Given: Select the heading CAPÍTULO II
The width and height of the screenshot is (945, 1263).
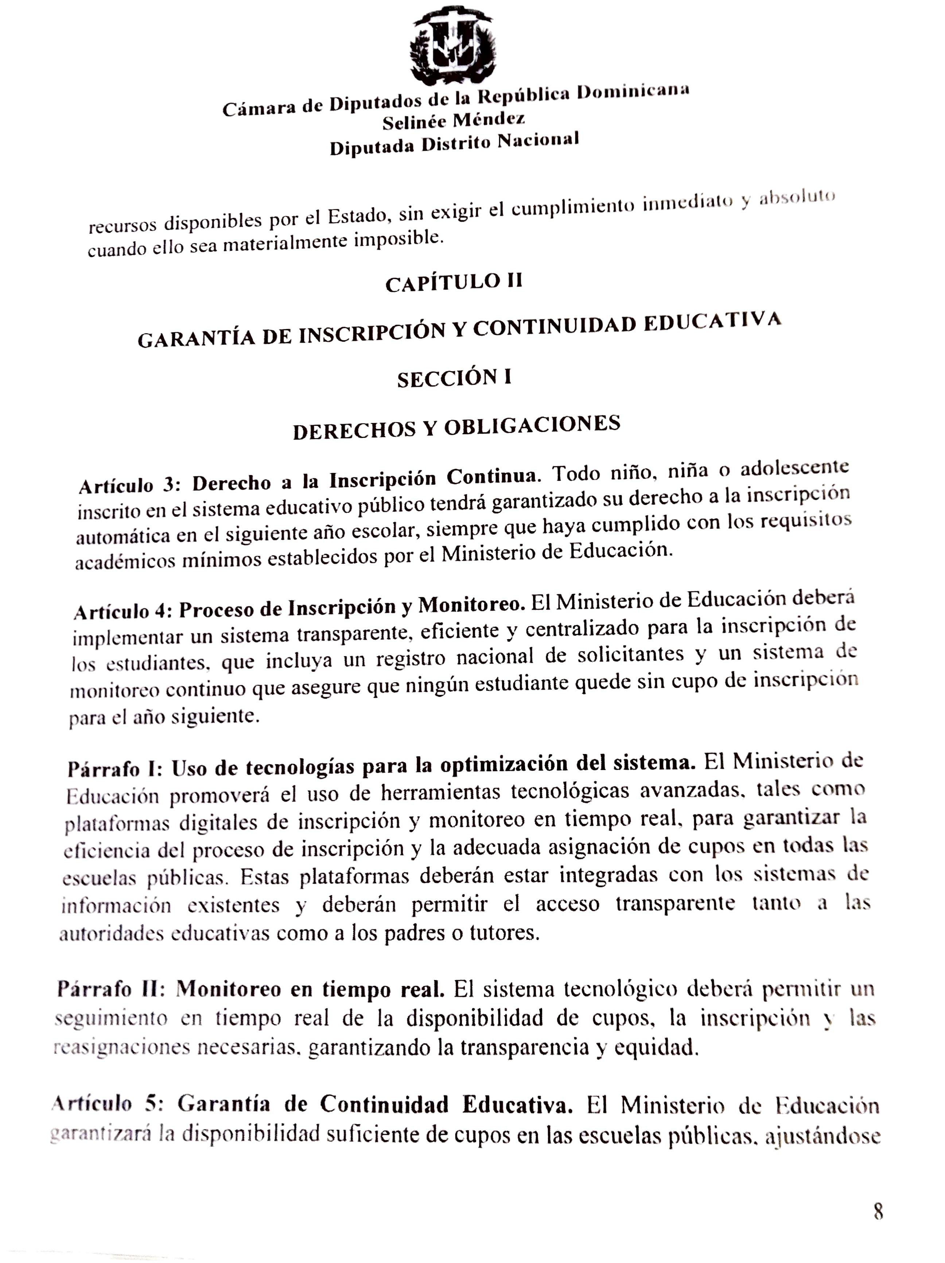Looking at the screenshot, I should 454,282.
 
